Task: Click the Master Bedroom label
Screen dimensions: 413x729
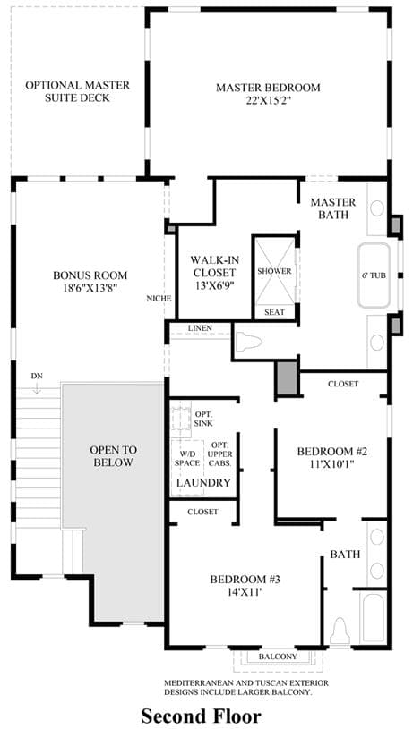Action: (268, 93)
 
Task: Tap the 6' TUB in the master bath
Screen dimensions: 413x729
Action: (374, 275)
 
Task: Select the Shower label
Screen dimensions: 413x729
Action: (274, 271)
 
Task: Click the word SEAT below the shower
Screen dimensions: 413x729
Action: (274, 311)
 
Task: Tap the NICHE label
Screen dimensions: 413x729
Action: (159, 298)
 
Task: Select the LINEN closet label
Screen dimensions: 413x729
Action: (200, 328)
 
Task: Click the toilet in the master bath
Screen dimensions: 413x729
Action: (250, 343)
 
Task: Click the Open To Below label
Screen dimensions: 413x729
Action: (113, 456)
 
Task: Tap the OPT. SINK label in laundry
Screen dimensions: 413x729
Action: (203, 419)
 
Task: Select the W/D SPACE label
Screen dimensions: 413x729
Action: (187, 459)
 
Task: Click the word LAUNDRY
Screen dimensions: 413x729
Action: (203, 483)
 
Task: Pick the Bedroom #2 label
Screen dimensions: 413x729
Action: (332, 457)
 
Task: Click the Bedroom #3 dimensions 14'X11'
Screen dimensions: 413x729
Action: (245, 592)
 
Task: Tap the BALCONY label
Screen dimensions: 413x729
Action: (278, 657)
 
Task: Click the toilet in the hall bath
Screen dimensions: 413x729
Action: (340, 631)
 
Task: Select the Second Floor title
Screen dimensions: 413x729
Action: (202, 715)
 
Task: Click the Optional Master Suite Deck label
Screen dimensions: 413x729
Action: (77, 91)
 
